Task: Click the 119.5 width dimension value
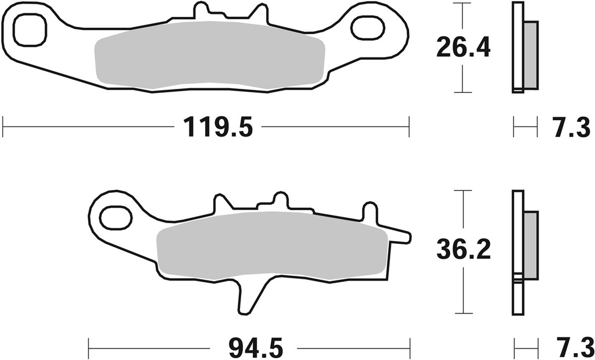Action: pos(218,126)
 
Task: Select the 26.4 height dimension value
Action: pos(463,48)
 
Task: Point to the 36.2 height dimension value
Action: pos(464,251)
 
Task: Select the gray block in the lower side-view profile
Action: pos(531,244)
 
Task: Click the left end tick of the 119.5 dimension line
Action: pos(3,126)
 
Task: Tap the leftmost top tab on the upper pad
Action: pos(200,10)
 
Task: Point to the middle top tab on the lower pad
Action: pos(281,201)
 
